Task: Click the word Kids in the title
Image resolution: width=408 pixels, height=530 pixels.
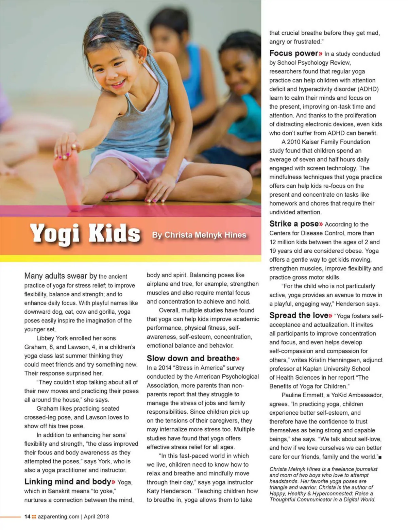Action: [114, 234]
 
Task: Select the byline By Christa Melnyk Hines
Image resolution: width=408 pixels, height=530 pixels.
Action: [199, 235]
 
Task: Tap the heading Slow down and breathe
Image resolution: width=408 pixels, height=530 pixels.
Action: [191, 358]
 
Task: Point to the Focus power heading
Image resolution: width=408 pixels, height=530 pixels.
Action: [294, 53]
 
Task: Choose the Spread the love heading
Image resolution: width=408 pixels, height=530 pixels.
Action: [299, 315]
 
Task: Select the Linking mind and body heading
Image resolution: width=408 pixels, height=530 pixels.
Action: [68, 482]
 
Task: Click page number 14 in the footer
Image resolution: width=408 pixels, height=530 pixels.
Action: [27, 516]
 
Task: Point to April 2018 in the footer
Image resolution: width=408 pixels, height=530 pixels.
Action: [97, 516]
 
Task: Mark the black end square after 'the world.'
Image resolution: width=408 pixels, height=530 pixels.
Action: [380, 457]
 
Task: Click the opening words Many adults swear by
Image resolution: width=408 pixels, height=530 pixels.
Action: [61, 276]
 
